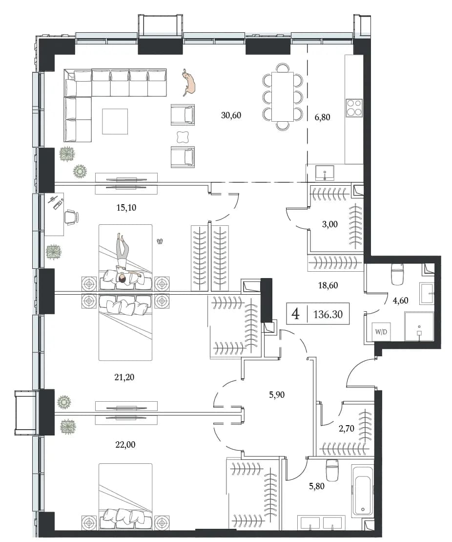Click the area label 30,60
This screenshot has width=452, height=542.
[231, 115]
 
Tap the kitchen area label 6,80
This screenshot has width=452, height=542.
[322, 117]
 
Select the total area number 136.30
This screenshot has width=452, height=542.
[328, 314]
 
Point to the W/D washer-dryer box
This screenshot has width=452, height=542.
[381, 332]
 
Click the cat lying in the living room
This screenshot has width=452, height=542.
[189, 82]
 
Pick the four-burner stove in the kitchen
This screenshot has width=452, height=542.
[354, 108]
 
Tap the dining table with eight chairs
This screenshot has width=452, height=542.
[283, 96]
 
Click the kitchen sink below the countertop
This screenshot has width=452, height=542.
[325, 173]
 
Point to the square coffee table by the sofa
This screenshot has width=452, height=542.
[115, 121]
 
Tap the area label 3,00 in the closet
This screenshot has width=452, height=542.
[330, 224]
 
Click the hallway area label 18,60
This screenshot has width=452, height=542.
[328, 285]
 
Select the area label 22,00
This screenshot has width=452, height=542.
[125, 445]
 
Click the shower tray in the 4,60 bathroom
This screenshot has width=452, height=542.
[419, 326]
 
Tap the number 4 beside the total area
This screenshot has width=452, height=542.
[296, 314]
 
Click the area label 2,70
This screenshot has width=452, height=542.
[347, 428]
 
